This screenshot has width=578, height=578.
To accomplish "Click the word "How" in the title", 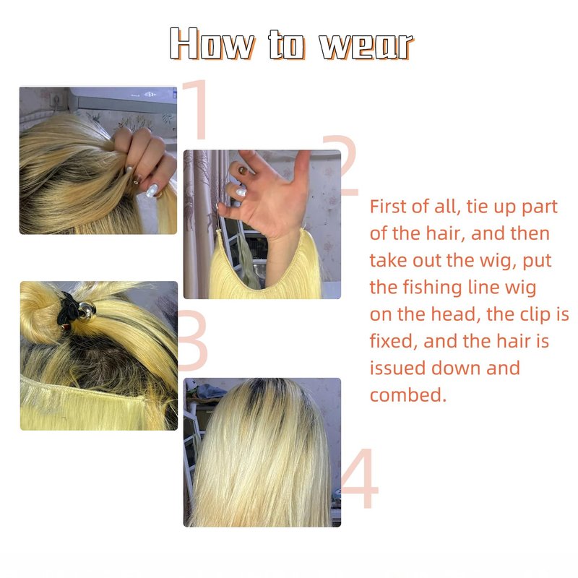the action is tap(212, 43).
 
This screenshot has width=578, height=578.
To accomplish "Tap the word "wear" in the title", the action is tap(366, 46).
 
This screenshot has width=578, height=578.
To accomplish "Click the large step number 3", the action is tap(192, 340).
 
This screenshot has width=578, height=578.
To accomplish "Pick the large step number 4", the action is tap(360, 478).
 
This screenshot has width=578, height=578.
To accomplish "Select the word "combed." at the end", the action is tap(408, 394).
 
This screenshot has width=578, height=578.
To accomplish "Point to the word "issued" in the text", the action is tap(397, 368).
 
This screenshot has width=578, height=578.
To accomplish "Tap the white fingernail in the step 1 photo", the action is tap(152, 190).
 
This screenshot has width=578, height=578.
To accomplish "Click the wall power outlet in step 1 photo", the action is tap(57, 98).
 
